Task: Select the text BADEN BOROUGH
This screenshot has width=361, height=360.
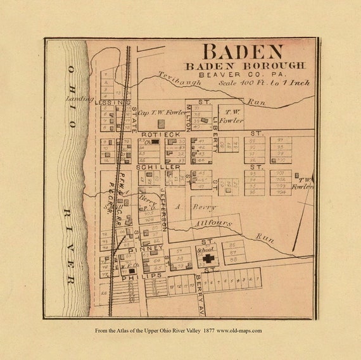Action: point(244,65)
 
